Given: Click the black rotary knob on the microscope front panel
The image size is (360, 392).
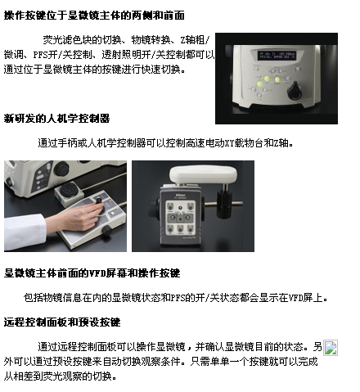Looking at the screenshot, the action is pos(295,91).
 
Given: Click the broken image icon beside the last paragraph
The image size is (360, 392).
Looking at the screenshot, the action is pos(331,348).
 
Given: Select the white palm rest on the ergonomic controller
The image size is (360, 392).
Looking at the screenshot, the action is pos(203,174).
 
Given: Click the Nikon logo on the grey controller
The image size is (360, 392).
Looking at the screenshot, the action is pos(179,196).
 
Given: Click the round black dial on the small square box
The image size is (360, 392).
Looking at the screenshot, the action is pos(68,189).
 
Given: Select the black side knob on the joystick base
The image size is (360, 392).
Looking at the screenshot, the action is pos(106,230).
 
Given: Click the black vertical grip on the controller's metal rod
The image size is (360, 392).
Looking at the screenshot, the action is pos(224,204).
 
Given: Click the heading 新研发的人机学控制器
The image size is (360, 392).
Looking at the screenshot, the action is pos(56,119).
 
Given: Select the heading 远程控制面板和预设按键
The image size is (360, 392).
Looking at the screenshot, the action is pos(62,322).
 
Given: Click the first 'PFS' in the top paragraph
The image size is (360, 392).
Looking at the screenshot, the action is pos(40,55).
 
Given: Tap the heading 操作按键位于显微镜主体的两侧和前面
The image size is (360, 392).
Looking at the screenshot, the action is pos(94,16).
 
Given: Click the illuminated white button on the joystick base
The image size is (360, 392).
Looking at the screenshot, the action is pos(112,213).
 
